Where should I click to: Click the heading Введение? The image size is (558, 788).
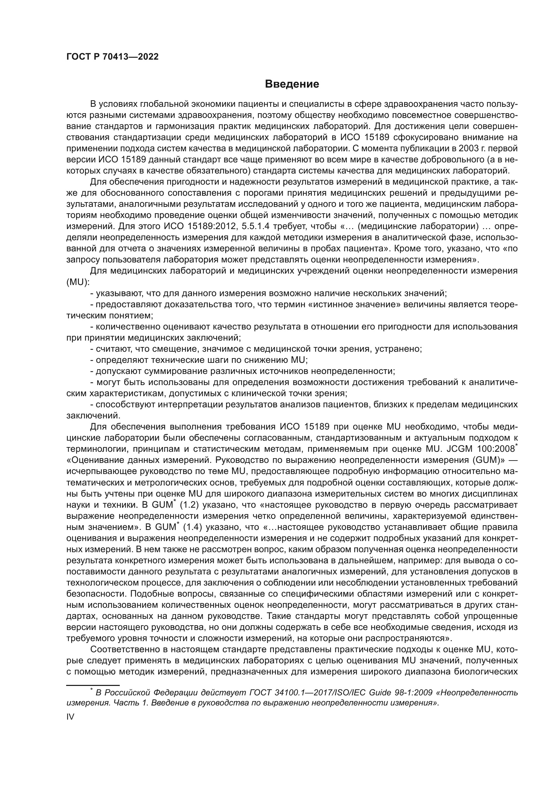[292, 84]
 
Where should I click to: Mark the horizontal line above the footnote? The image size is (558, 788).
[92, 685]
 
